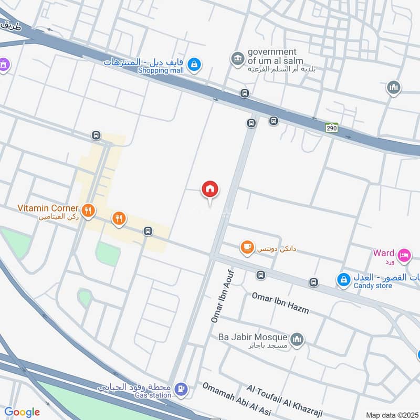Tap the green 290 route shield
[x=331, y=128]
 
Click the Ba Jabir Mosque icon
[x=297, y=339]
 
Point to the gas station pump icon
[x=181, y=389]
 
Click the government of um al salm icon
[x=238, y=58]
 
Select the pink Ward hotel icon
[x=404, y=255]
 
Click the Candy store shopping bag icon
[x=343, y=278]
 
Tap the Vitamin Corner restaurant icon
[x=89, y=211]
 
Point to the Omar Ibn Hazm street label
[x=280, y=303]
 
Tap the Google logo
[x=22, y=412]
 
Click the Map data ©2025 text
[x=392, y=415]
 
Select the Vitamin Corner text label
[x=48, y=208]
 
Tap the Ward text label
[x=383, y=253]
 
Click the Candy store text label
[x=373, y=286]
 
